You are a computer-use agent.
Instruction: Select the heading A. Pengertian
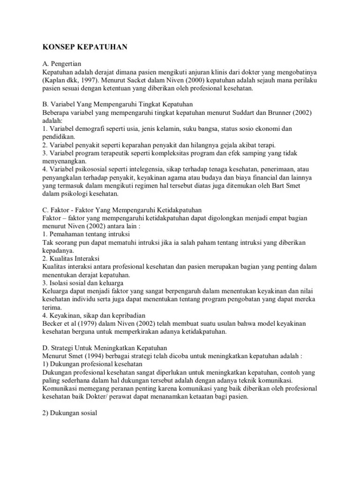61,65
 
